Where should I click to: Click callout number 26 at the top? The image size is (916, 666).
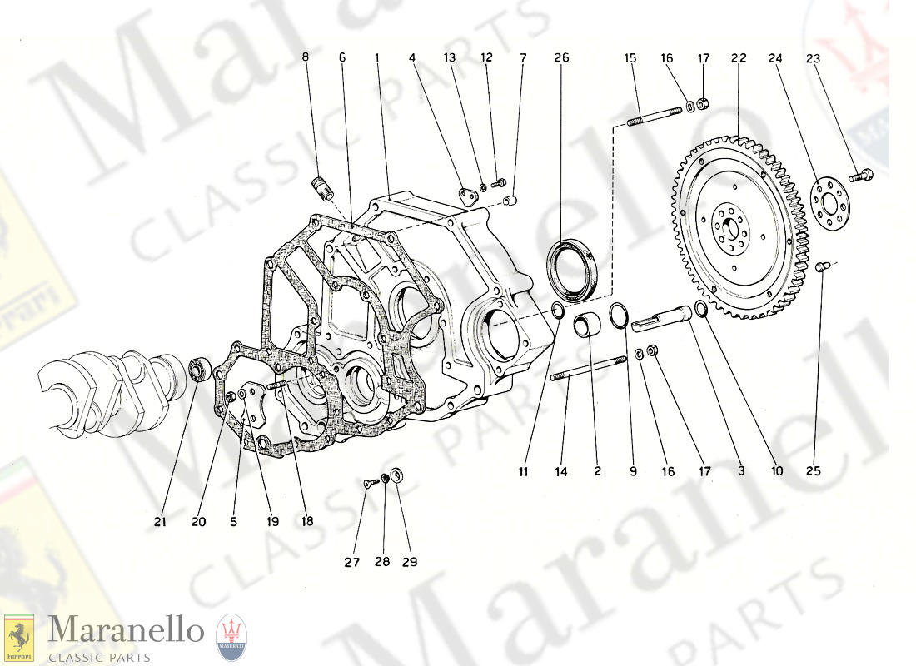coord(561,57)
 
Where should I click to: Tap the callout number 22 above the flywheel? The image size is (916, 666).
coord(739,57)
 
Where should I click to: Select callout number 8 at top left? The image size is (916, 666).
coord(305,57)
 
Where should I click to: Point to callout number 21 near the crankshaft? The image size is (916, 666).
coord(160,522)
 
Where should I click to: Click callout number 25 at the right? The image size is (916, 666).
coord(813,470)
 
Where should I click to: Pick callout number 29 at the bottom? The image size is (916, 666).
coord(409,562)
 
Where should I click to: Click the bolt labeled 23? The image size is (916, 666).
coord(861,176)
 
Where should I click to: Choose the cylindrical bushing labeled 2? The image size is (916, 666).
coord(592,323)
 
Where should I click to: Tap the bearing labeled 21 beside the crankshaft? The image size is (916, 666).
coord(198,368)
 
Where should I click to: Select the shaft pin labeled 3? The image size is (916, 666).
coord(664,316)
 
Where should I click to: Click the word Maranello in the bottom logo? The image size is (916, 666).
coord(125,630)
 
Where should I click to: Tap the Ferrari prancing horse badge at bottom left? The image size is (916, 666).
coord(19,638)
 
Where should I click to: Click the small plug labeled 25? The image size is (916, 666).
coord(820,266)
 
